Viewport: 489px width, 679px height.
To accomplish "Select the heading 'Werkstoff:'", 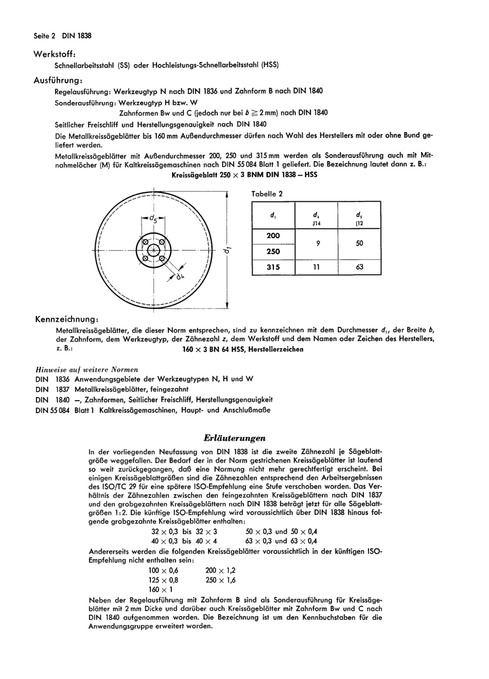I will click(x=55, y=55).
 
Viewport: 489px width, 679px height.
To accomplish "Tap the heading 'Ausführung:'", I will click(x=58, y=81).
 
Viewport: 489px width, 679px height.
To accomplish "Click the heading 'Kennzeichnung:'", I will click(x=66, y=319).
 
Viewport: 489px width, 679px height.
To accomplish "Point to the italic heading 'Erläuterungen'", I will click(x=235, y=438).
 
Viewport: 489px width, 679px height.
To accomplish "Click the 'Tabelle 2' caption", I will click(x=267, y=194).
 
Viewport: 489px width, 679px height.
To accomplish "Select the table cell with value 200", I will click(x=273, y=236).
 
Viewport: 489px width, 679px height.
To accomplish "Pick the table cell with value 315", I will click(x=273, y=267).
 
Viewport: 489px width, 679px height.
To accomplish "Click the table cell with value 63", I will click(x=359, y=267).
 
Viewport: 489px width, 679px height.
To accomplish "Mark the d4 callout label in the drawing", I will click(x=180, y=277).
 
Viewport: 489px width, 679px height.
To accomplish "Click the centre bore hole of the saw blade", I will click(x=153, y=251).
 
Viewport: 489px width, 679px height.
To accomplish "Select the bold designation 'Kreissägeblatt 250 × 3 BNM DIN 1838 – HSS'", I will click(x=244, y=174).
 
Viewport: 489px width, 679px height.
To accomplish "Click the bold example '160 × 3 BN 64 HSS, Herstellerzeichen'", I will click(x=243, y=349).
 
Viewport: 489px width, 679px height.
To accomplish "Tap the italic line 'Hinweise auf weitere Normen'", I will click(x=86, y=369).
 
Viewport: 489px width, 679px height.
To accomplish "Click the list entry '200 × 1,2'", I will click(x=220, y=570).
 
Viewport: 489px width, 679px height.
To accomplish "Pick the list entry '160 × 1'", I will click(x=161, y=589).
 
